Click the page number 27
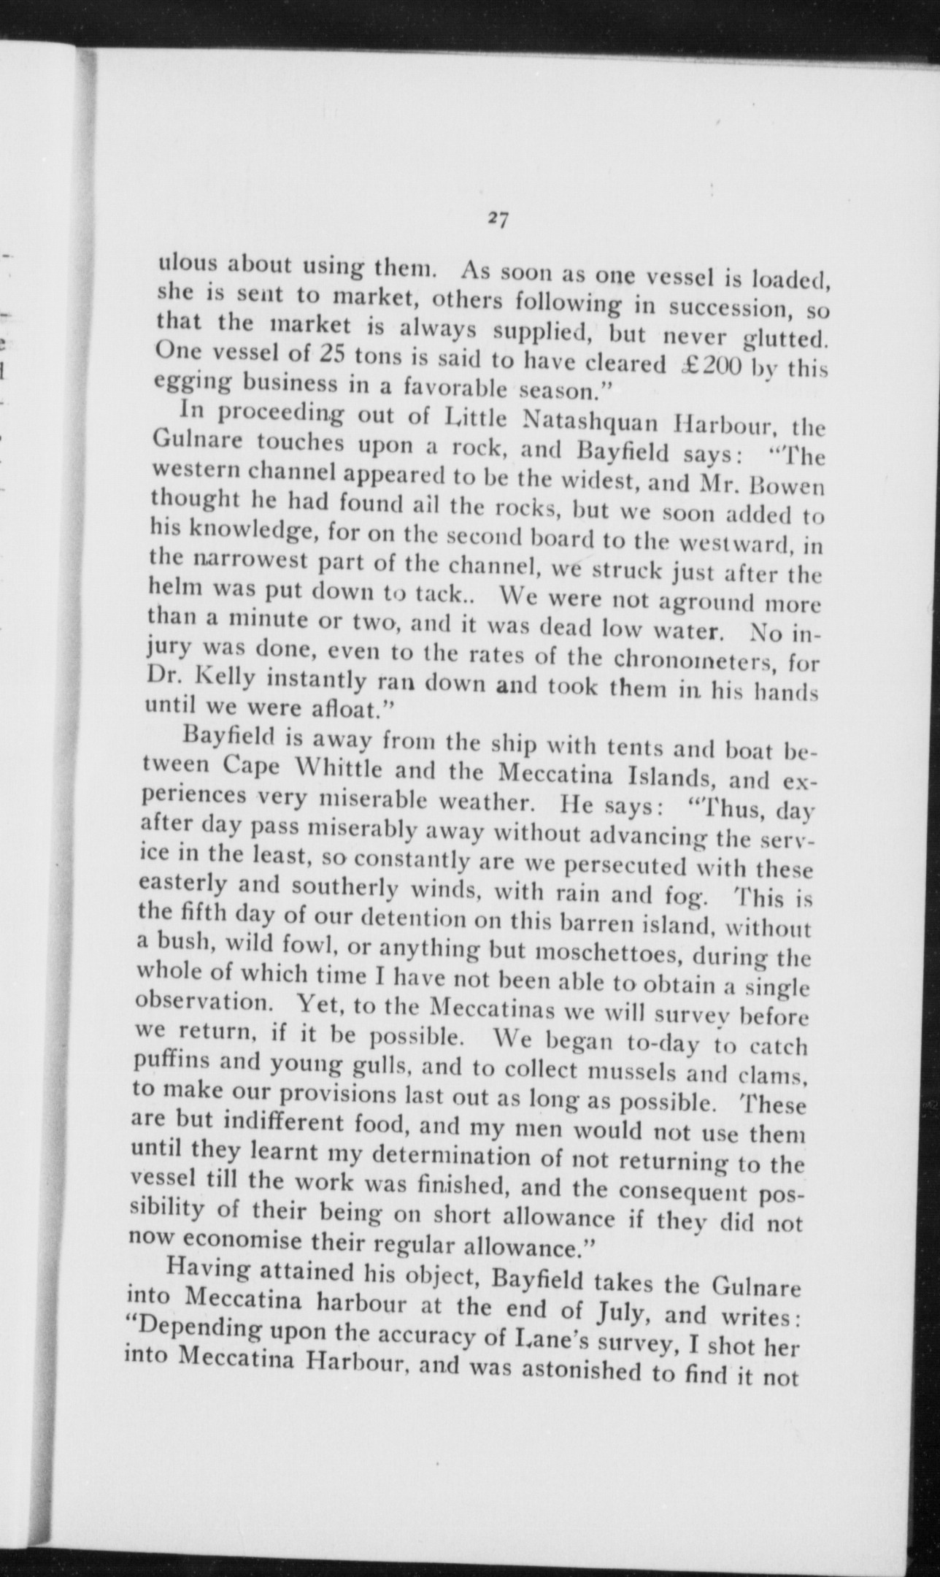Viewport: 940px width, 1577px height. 499,220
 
